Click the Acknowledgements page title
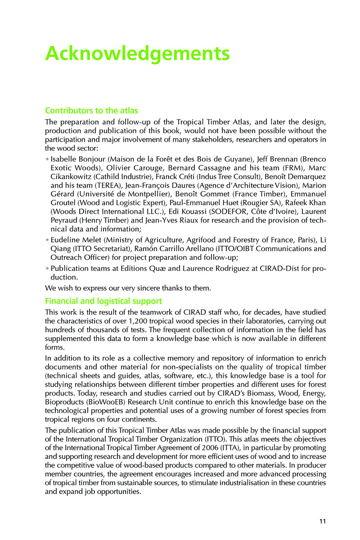pyautogui.click(x=137, y=54)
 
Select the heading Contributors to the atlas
pyautogui.click(x=91, y=111)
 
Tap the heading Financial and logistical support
pyautogui.click(x=103, y=301)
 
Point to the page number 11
pyautogui.click(x=322, y=522)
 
